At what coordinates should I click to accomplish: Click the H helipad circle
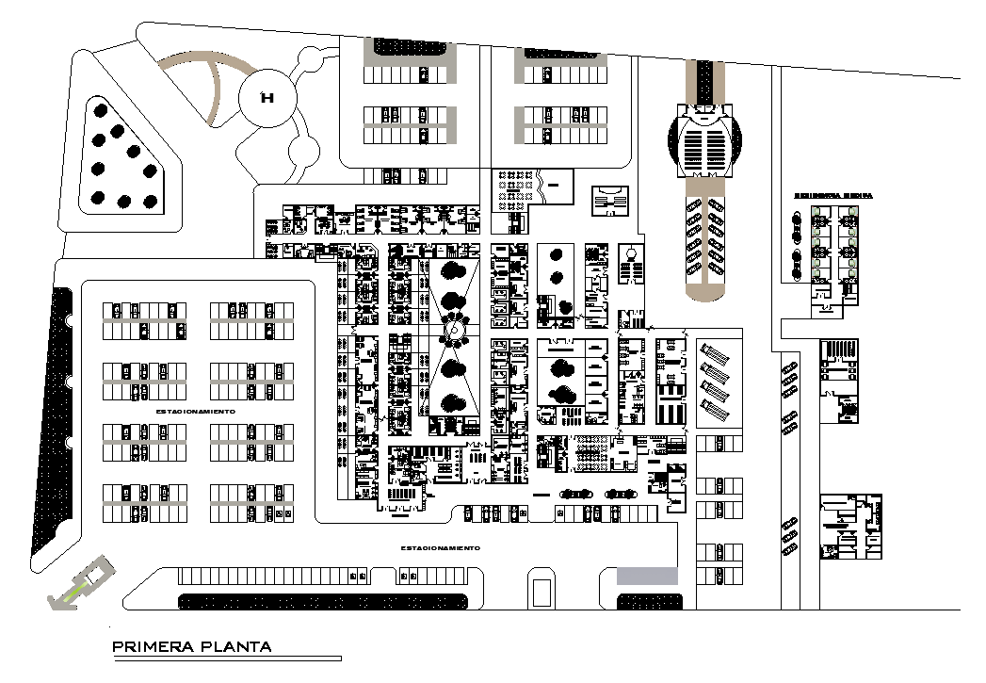[x=267, y=97]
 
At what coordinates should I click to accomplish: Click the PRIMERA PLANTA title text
[x=192, y=646]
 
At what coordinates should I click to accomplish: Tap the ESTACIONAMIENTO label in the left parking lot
[x=188, y=412]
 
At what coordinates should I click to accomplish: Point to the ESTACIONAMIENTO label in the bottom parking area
[x=440, y=547]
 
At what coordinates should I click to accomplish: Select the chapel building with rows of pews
[x=705, y=144]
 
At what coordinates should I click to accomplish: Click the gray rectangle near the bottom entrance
[x=647, y=576]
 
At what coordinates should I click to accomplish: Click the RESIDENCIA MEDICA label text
[x=833, y=196]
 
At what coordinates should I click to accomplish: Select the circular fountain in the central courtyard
[x=456, y=332]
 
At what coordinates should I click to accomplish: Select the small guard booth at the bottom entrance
[x=543, y=592]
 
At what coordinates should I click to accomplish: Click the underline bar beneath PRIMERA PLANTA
[x=226, y=659]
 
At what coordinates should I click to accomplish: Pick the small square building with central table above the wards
[x=609, y=202]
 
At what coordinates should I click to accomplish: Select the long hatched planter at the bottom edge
[x=327, y=601]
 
